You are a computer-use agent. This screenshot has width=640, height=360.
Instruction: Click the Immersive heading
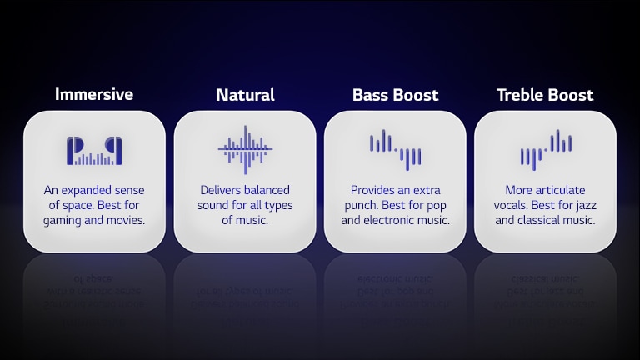94,94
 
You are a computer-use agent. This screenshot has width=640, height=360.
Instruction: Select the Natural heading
245,95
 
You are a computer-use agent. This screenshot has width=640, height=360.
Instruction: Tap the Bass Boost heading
395,95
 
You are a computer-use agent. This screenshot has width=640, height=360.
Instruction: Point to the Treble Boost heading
545,95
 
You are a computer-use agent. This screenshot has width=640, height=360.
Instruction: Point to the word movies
126,221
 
